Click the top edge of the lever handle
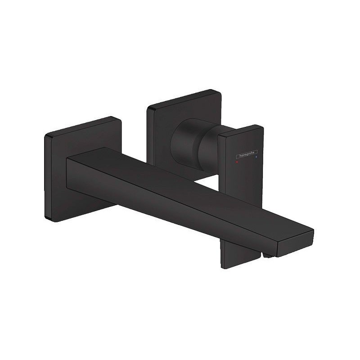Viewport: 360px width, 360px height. pos(241,131)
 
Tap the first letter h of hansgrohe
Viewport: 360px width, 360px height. pos(234,157)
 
